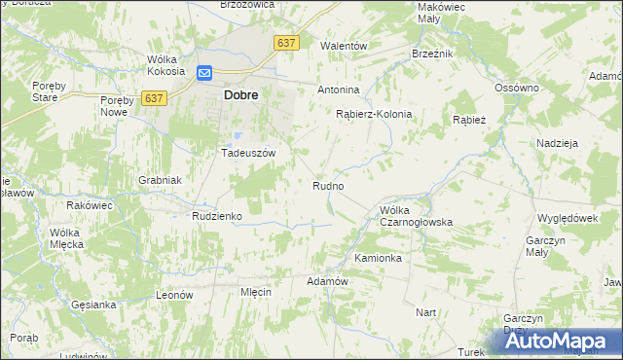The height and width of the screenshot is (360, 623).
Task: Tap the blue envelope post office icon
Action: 204,73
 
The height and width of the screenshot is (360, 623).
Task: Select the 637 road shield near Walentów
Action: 285,43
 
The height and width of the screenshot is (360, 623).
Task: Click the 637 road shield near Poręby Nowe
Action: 154,98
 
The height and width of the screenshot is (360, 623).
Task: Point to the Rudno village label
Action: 327,185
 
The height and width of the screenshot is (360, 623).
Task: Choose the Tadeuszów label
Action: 250,153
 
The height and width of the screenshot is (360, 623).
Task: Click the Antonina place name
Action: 339,90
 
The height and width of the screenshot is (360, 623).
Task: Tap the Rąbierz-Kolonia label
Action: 374,114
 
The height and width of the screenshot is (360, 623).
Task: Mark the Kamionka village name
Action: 378,258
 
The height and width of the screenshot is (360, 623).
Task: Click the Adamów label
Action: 327,280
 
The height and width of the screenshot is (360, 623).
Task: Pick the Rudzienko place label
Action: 216,215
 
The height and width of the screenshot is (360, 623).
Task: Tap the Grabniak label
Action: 160,180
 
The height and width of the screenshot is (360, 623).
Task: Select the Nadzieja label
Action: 557,143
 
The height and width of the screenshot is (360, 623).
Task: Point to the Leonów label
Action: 176,294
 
